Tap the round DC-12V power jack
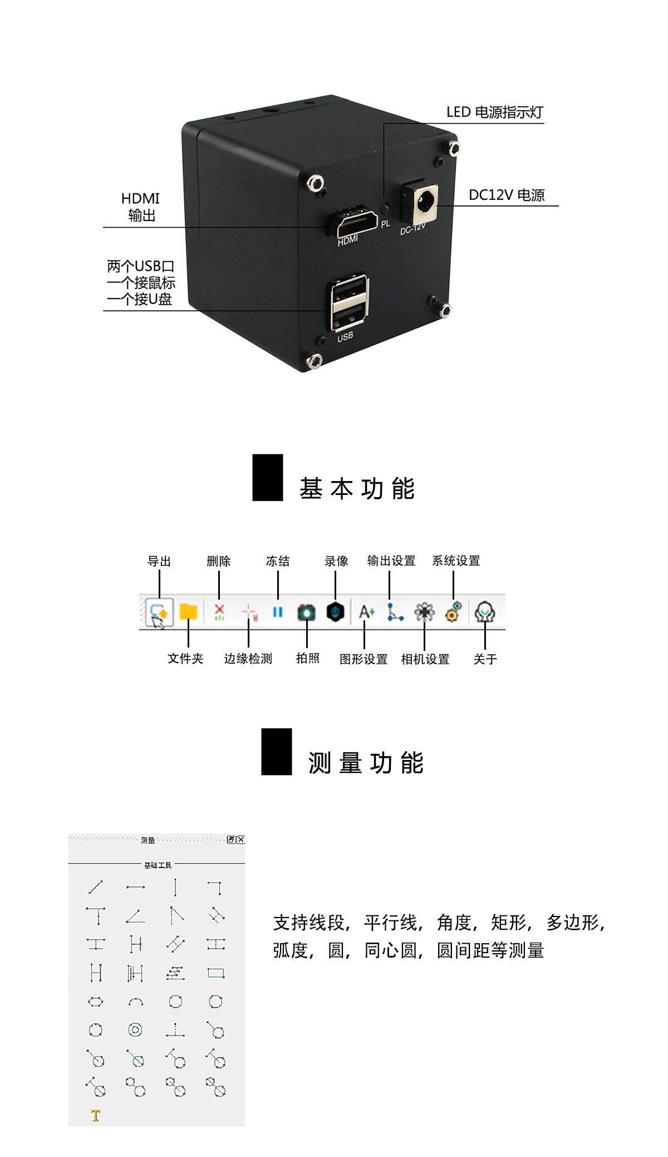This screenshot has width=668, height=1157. tap(426, 201)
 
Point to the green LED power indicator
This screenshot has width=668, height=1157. tap(384, 209)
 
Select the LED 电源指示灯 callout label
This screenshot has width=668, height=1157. tap(494, 112)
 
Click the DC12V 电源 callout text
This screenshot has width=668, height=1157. tap(507, 195)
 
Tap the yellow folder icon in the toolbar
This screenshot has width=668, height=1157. tap(189, 612)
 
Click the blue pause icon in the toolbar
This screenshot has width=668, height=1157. tap(278, 612)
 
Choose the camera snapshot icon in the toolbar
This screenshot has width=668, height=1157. tap(306, 612)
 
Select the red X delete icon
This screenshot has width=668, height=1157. tap(219, 612)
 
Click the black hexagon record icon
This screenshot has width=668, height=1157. tap(335, 611)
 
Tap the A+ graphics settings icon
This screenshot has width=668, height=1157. tap(366, 612)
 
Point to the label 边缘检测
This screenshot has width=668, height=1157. tap(248, 659)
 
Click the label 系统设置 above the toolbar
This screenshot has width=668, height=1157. tap(456, 561)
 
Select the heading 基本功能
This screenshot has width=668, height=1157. tap(357, 488)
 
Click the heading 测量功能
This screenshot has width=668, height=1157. tap(366, 763)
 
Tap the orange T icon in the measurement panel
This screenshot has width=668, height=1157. tap(96, 1115)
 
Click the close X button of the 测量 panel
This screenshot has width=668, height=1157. tap(240, 840)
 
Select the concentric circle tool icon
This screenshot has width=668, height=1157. tap(135, 1029)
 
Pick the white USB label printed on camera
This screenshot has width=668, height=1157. tap(345, 336)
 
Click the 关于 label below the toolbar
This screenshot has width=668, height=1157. tap(485, 659)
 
